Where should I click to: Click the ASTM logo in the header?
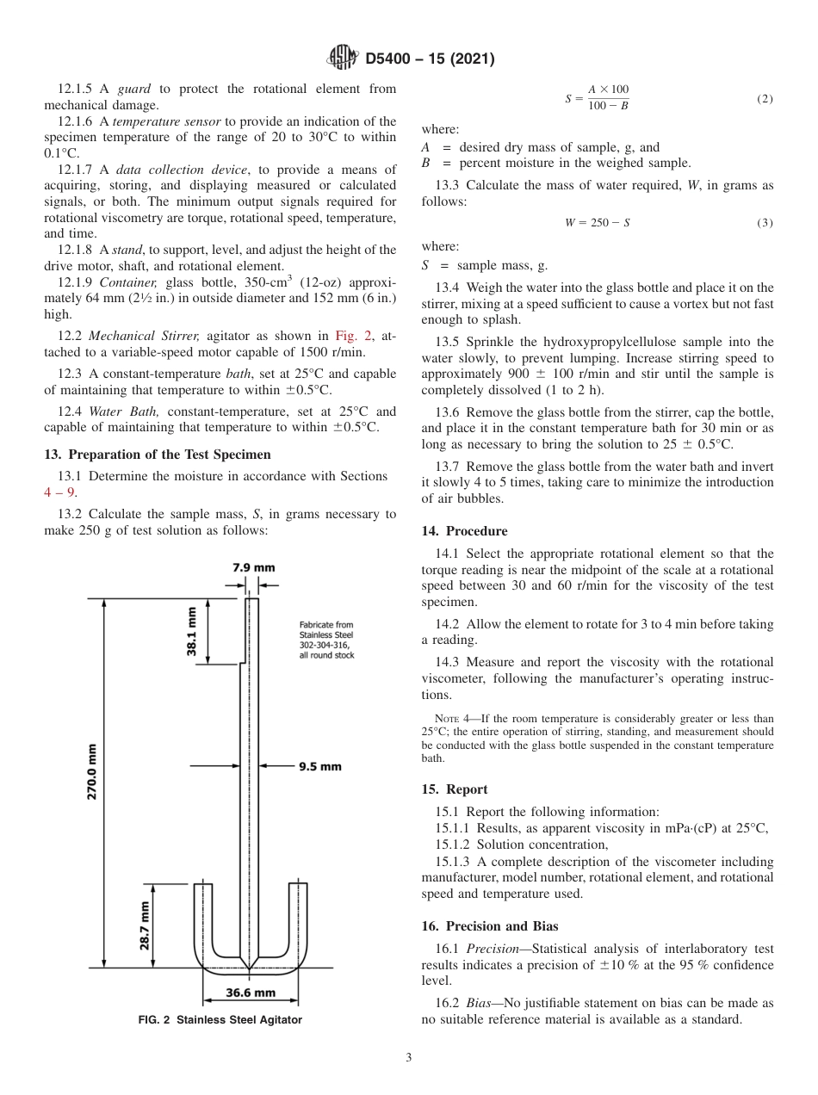point(343,59)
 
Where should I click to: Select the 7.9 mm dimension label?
point(254,567)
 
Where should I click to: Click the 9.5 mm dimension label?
point(319,765)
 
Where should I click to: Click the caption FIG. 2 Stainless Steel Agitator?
point(220,1020)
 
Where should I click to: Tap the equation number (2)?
point(765,99)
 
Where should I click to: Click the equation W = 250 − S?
point(597,223)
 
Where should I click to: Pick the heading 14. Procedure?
point(464,531)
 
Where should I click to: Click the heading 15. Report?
point(455,789)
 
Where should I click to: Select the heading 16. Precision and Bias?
point(490,926)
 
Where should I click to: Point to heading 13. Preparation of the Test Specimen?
point(157,455)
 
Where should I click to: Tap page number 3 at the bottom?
point(409,1058)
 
